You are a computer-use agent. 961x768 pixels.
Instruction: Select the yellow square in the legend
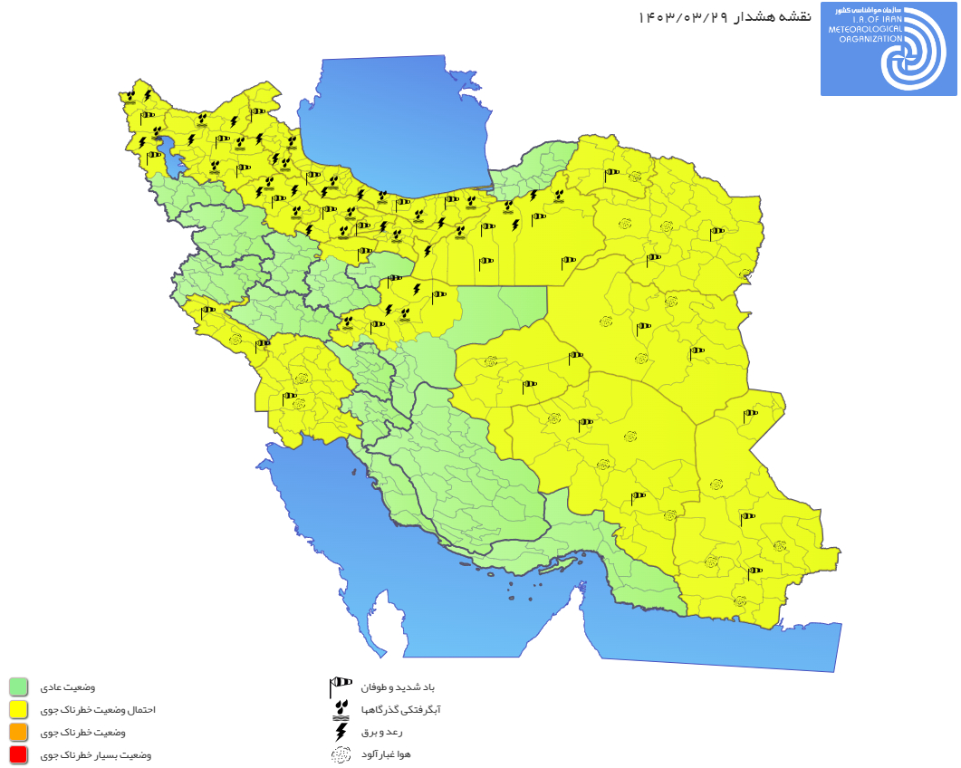(x=18, y=709)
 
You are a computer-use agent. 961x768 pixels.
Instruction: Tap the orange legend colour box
(x=18, y=732)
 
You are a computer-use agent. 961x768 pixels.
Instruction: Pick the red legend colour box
(x=18, y=754)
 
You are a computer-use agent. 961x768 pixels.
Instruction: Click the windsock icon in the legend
(x=341, y=686)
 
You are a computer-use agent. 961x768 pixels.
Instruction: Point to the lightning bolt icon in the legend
(x=341, y=731)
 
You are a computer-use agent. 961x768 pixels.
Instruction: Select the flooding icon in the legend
(x=341, y=708)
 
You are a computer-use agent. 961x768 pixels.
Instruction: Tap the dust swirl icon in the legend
(x=341, y=754)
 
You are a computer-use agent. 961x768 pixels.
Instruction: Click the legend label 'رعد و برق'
(x=380, y=732)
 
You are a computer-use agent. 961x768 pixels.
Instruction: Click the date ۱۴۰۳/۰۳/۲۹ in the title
(x=682, y=17)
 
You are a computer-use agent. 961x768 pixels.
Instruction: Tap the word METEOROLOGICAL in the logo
(x=866, y=30)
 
